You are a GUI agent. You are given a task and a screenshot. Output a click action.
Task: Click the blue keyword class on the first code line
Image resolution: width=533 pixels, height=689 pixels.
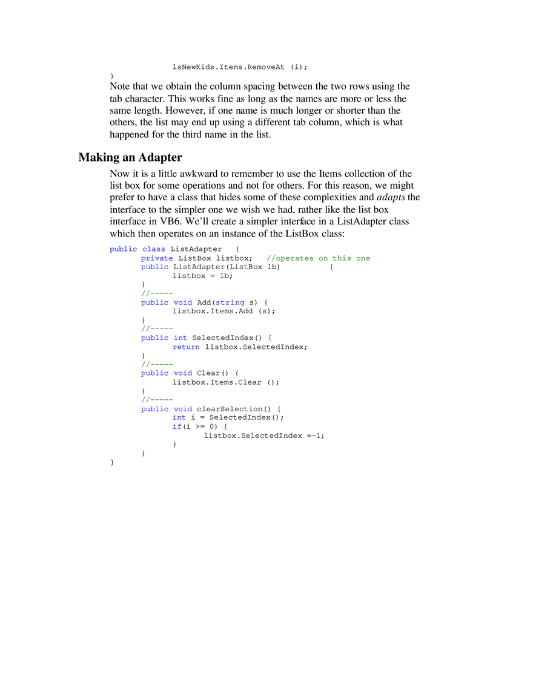point(153,249)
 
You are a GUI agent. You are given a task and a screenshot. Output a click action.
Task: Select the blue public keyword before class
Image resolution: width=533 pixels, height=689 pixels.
point(122,249)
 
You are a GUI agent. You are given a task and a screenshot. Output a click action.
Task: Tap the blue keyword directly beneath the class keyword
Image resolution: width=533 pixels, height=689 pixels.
point(157,258)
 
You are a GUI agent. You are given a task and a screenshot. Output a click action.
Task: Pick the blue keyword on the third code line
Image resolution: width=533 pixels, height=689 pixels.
point(154,267)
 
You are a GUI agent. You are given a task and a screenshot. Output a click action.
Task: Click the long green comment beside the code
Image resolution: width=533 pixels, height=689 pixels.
point(319,258)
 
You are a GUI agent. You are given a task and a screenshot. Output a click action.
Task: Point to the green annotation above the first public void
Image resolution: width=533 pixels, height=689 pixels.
point(157,293)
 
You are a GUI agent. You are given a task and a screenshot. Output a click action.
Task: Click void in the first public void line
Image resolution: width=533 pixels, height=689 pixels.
point(183,302)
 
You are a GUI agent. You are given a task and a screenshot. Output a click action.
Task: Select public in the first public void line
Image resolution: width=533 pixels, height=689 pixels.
point(154,302)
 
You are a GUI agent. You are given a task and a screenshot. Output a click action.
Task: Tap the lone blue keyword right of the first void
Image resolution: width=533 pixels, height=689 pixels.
point(231,302)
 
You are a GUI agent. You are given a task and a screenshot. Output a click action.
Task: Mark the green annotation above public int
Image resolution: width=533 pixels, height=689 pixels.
point(157,328)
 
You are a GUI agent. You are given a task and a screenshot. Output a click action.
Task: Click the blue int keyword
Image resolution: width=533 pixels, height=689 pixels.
point(180,338)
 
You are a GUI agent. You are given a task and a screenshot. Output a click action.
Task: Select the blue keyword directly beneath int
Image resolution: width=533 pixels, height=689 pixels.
point(186,347)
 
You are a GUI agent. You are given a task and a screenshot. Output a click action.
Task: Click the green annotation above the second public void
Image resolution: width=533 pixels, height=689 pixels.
point(157,364)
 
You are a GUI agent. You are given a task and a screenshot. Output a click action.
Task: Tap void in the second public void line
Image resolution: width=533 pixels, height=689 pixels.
point(183,373)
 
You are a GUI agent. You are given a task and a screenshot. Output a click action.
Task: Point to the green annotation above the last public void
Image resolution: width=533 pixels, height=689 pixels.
point(157,399)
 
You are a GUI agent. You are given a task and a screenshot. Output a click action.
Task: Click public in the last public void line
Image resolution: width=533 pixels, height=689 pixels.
point(154,409)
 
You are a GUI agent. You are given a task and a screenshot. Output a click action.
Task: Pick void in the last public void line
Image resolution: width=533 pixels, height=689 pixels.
point(183,409)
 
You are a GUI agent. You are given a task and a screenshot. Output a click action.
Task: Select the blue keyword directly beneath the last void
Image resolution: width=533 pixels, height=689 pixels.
point(180,417)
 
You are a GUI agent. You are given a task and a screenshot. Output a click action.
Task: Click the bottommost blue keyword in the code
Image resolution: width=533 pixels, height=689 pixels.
point(177,426)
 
